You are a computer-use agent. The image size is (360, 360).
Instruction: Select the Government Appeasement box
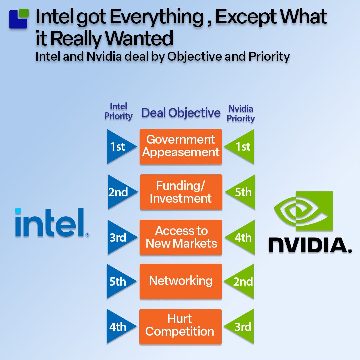point(181,146)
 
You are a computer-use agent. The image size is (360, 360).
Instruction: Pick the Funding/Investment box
point(181,192)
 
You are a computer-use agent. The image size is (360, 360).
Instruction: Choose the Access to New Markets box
point(181,237)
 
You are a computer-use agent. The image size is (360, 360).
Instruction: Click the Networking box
point(181,281)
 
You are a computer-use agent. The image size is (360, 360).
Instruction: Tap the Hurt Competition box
point(180,326)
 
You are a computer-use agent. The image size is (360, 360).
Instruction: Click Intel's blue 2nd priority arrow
point(119,192)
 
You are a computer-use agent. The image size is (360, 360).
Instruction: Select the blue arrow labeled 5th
point(118,282)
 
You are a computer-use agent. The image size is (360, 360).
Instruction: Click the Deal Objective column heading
point(181,113)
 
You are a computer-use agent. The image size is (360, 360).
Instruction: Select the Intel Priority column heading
point(118,111)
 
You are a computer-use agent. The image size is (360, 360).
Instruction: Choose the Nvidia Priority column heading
point(241,113)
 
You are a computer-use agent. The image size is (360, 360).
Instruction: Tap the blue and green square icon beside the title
point(18,19)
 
